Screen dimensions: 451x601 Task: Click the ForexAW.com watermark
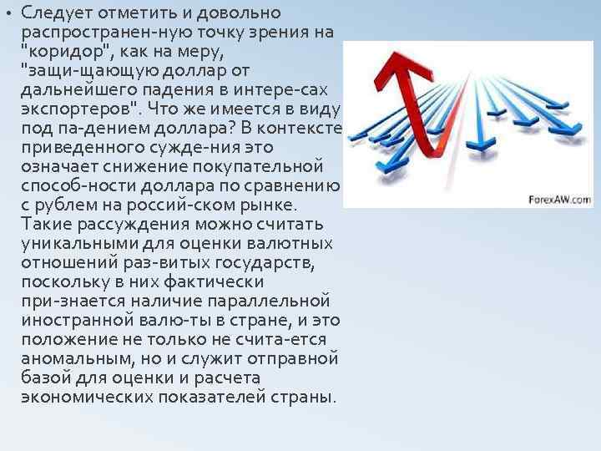558,200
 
